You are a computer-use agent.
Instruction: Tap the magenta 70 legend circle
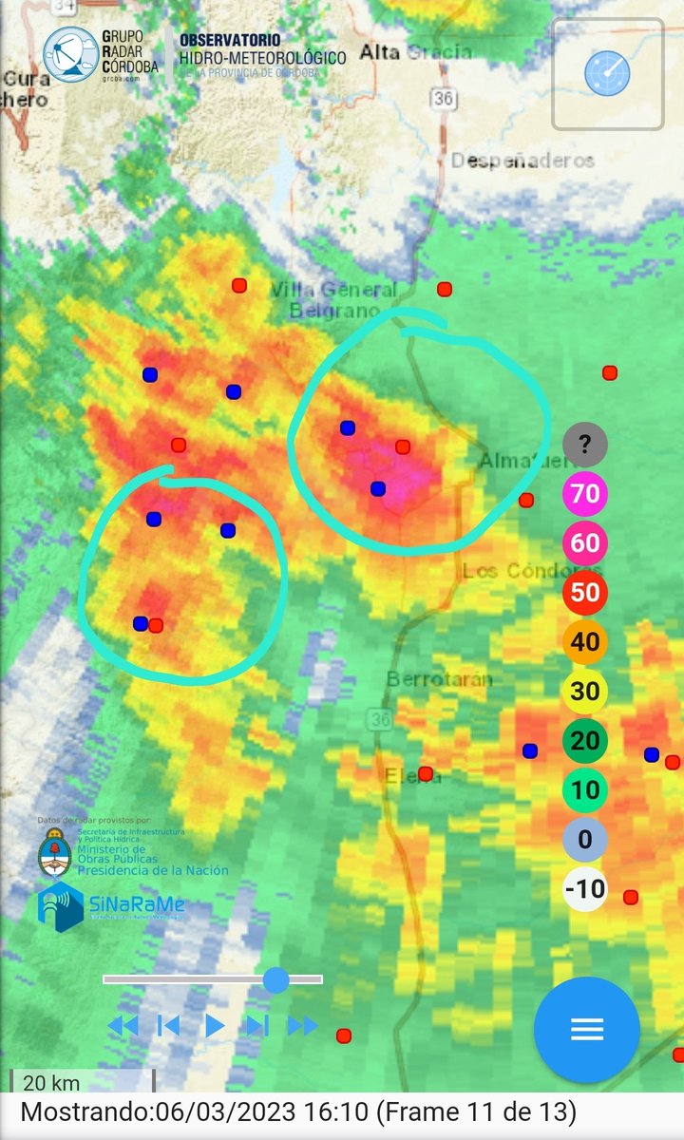pyautogui.click(x=584, y=493)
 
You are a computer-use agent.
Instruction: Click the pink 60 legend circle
pyautogui.click(x=584, y=542)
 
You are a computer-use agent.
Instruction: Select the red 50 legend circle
pyautogui.click(x=584, y=592)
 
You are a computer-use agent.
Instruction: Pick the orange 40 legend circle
pyautogui.click(x=584, y=641)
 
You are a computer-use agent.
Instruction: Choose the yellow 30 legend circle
pyautogui.click(x=584, y=691)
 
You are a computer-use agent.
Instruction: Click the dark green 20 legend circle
pyautogui.click(x=584, y=740)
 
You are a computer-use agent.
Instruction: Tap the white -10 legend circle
pyautogui.click(x=584, y=889)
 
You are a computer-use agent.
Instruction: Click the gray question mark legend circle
pyautogui.click(x=584, y=443)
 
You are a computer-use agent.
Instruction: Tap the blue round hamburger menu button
pyautogui.click(x=586, y=1029)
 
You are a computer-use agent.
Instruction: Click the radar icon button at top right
pyautogui.click(x=607, y=73)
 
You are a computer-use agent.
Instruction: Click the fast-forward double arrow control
pyautogui.click(x=302, y=1025)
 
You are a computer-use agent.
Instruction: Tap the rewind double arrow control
pyautogui.click(x=123, y=1025)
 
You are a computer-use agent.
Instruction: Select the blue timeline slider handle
pyautogui.click(x=275, y=979)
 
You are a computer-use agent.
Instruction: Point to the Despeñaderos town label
pyautogui.click(x=522, y=161)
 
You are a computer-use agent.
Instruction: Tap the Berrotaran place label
pyautogui.click(x=439, y=679)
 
